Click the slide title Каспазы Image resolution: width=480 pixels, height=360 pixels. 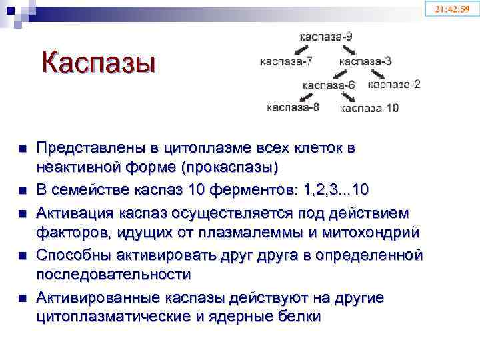click(x=98, y=64)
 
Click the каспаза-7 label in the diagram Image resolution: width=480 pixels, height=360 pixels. click(x=287, y=62)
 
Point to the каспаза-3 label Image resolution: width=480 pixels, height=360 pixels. click(x=365, y=62)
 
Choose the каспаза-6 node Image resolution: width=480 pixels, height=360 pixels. click(x=329, y=85)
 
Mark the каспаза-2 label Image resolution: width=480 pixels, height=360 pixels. click(x=394, y=84)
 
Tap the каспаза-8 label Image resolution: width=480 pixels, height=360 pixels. click(x=293, y=107)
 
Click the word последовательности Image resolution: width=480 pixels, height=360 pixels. click(x=113, y=274)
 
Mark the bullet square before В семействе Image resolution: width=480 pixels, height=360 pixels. click(x=23, y=191)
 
